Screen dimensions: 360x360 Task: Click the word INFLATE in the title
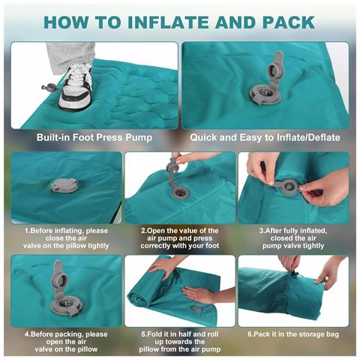tap(169, 22)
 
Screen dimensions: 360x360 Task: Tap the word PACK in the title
tap(289, 22)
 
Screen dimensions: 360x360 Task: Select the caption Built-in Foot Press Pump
tap(94, 137)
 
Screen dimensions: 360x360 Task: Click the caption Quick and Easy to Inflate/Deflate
tap(265, 137)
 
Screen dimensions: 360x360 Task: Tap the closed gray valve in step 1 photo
tap(64, 185)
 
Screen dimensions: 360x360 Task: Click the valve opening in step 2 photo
tap(179, 193)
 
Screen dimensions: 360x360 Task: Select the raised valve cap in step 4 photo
tap(59, 276)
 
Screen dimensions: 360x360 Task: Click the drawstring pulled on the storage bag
tap(295, 274)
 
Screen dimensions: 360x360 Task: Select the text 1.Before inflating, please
tap(66, 230)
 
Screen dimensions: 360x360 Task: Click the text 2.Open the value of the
tap(179, 230)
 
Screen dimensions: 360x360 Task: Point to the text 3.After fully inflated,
tap(293, 230)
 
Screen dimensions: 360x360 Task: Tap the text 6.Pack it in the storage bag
tap(293, 334)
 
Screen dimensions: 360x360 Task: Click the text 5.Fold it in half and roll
tap(179, 334)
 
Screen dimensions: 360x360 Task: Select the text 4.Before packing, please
tap(66, 334)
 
